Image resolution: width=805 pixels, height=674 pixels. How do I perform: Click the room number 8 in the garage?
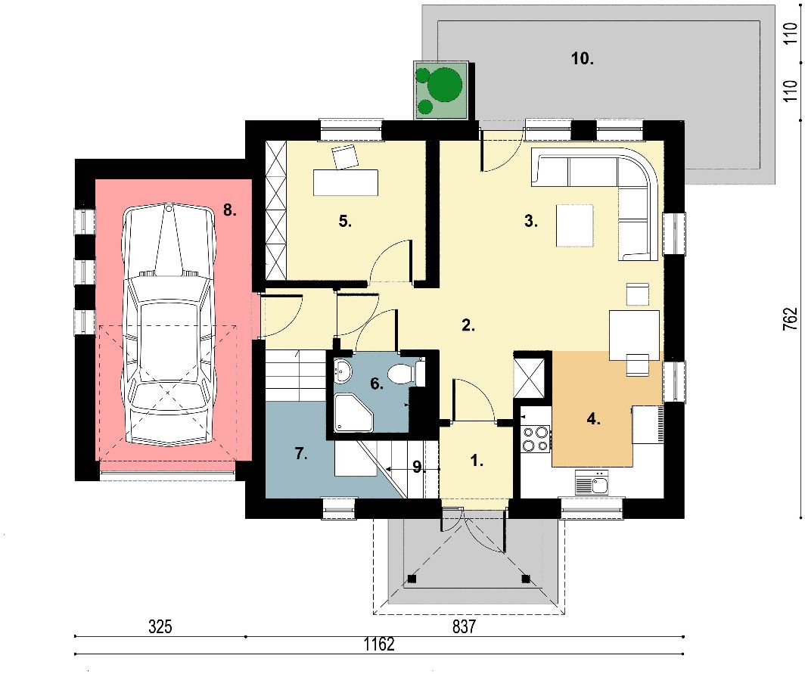[229, 210]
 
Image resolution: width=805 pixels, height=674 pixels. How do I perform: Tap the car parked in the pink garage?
[169, 325]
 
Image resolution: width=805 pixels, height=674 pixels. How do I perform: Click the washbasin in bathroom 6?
[342, 371]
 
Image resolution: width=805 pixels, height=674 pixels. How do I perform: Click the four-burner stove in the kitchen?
[535, 439]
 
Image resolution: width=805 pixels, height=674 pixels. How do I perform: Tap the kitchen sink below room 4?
[592, 482]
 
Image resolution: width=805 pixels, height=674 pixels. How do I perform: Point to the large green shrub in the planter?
[445, 85]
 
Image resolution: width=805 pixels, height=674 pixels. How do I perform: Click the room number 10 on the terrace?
[583, 58]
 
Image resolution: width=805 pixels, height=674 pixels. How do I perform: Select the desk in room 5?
[346, 182]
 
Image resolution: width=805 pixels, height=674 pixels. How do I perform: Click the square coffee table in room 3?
[574, 225]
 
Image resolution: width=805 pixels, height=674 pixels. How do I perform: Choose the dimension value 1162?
[379, 644]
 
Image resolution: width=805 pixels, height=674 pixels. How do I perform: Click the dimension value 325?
[160, 627]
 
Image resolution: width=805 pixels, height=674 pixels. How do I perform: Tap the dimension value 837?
[464, 627]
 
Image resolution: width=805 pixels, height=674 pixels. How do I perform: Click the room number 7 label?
[301, 454]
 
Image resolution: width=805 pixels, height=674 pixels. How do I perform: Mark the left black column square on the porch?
[412, 579]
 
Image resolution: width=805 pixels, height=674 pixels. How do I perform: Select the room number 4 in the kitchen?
[593, 419]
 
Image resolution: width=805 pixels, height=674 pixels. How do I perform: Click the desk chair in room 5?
[344, 157]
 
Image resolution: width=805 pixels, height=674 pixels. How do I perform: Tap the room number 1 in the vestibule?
[477, 461]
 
